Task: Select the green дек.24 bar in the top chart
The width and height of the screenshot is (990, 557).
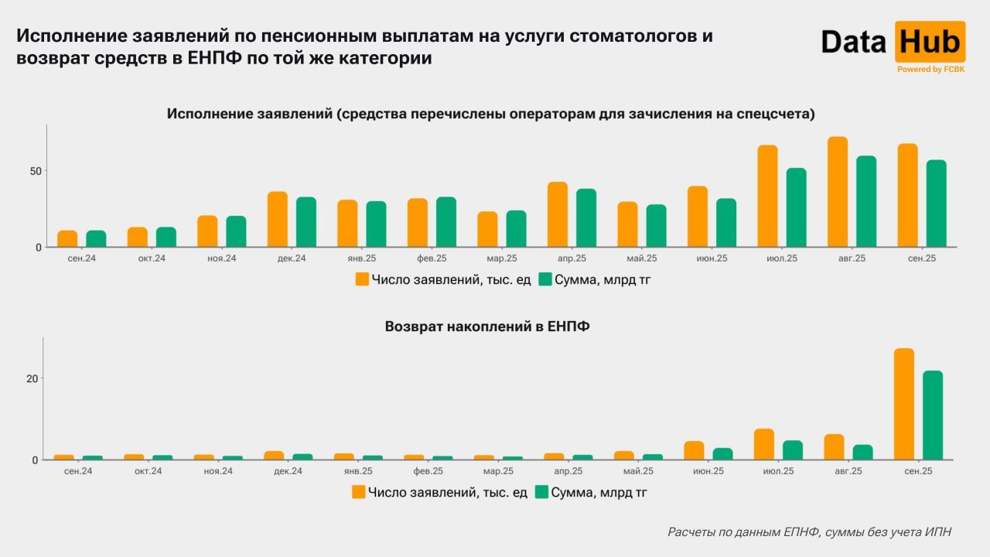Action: [x=306, y=222]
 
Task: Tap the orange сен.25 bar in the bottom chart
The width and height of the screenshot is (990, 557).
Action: [x=904, y=404]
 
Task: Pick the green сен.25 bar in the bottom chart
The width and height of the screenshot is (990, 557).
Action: [x=933, y=415]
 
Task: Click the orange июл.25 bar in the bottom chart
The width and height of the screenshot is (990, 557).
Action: [x=764, y=444]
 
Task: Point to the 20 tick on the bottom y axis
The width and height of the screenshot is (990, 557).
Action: [x=32, y=378]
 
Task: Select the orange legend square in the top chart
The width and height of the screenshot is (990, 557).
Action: [x=362, y=279]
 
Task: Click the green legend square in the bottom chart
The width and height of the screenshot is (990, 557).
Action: [x=542, y=492]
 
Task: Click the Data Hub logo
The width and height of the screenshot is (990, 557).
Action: [x=893, y=43]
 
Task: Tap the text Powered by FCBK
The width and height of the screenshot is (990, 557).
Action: [x=930, y=70]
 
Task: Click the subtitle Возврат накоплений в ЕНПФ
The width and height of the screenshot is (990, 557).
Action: [x=487, y=326]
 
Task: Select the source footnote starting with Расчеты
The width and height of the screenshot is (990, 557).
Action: [x=809, y=531]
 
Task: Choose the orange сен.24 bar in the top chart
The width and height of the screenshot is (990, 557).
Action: [x=67, y=238]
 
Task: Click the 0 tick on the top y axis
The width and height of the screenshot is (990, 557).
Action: [x=36, y=248]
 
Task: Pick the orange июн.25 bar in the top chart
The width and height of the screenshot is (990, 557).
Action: [x=698, y=217]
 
